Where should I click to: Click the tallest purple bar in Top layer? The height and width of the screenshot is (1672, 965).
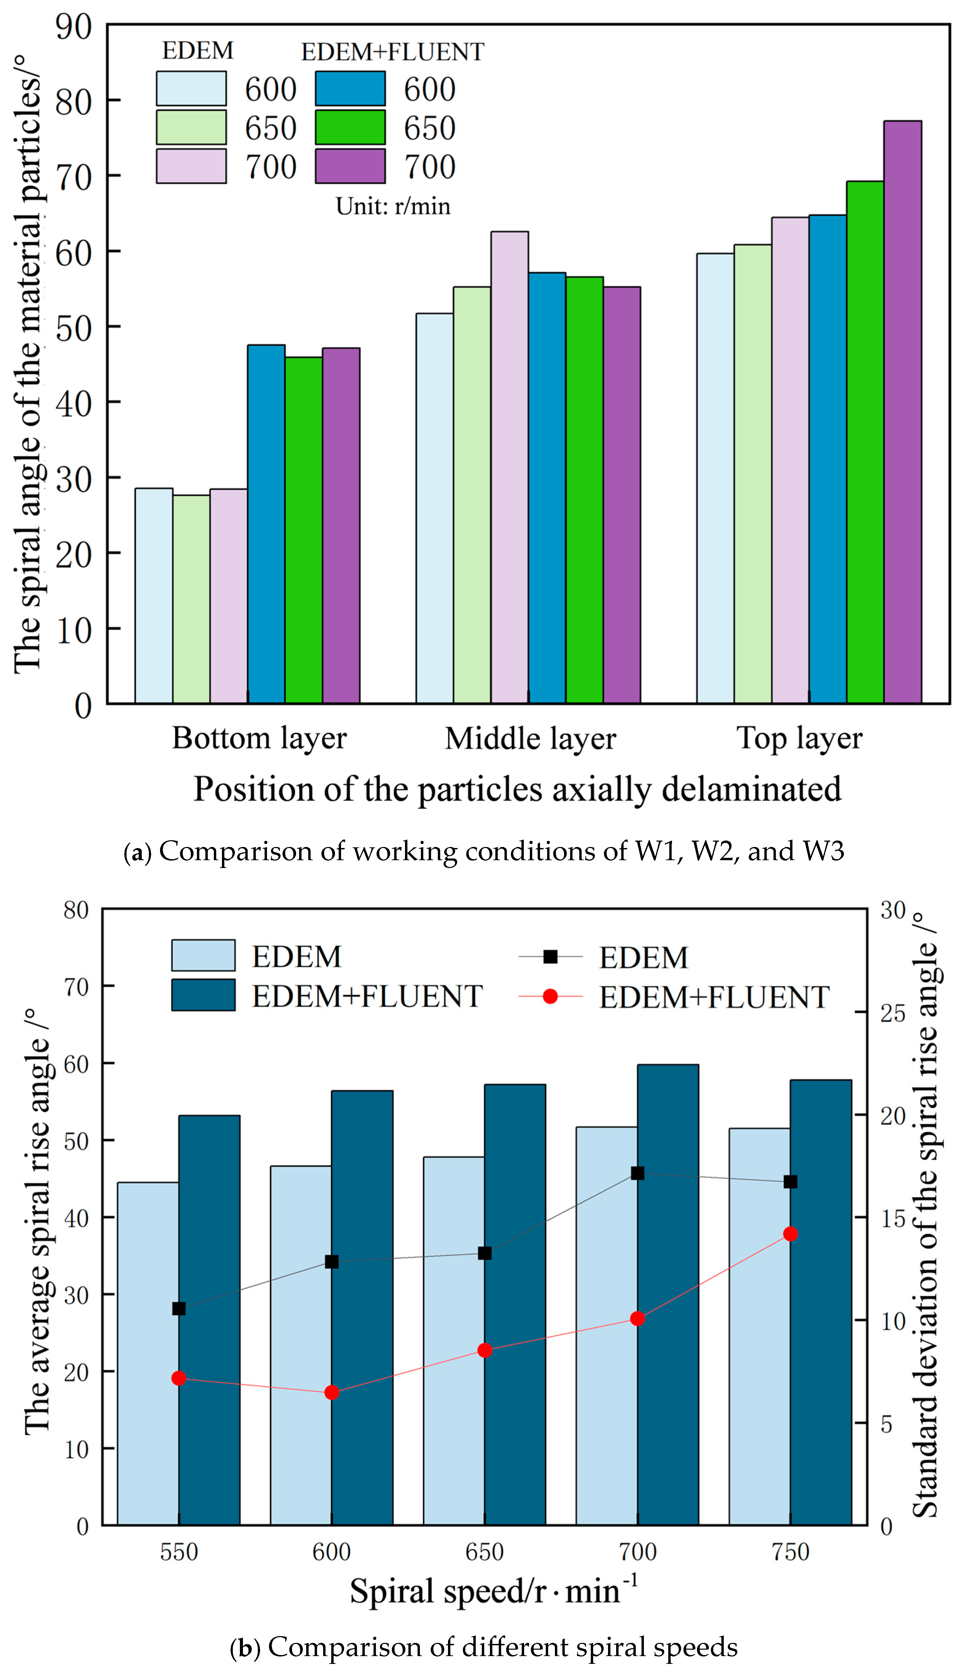902,411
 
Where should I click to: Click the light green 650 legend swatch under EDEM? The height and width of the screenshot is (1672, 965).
191,127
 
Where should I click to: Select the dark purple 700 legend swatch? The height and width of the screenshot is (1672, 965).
350,166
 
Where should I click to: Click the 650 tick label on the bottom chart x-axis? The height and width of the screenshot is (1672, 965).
485,1552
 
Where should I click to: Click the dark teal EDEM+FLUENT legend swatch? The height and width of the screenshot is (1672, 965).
203,995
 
